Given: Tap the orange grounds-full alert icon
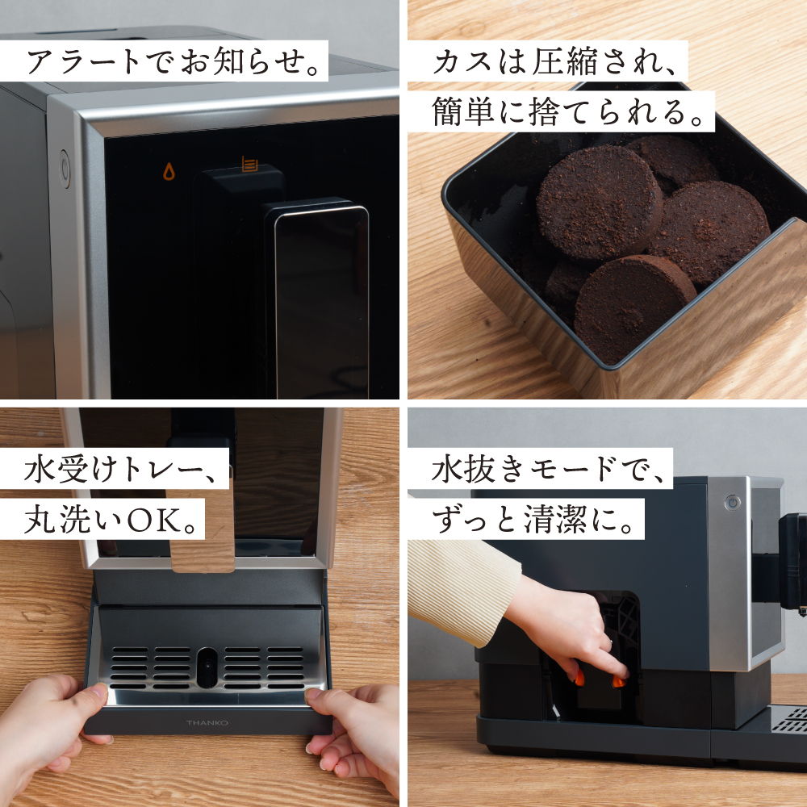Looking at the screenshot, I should pos(249,165).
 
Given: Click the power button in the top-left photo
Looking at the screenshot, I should pos(65,169).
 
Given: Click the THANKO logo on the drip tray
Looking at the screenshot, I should pos(207,723).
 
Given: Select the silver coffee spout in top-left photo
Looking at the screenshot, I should pos(320,299).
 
